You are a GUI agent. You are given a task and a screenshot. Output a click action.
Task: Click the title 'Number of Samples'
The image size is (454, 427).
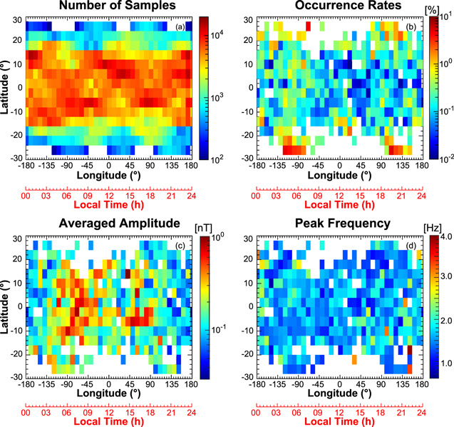point(107,8)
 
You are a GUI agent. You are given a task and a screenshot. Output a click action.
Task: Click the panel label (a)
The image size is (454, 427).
point(182,26)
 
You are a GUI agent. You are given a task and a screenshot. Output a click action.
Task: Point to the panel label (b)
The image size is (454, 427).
point(411,26)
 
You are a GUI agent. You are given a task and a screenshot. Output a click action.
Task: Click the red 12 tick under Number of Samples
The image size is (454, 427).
point(108,195)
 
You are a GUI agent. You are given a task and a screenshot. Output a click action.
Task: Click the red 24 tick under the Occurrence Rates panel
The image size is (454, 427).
point(421,195)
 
